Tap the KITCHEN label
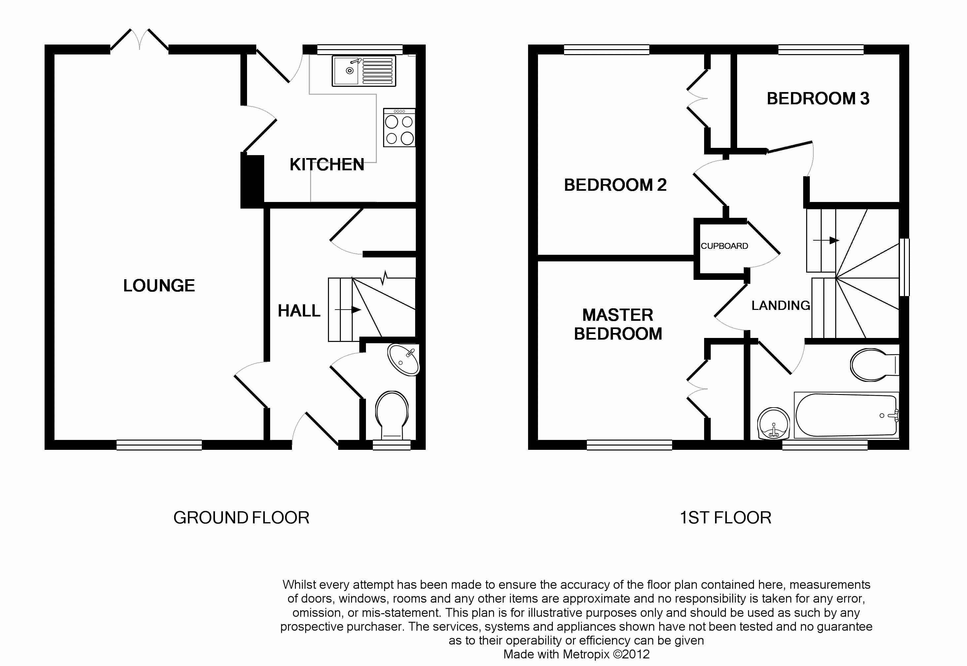pos(327,165)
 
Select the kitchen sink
pos(364,71)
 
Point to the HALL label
pos(299,311)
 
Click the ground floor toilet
pos(392,415)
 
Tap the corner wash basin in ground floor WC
pos(403,359)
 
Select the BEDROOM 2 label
pos(615,185)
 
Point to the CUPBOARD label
pos(724,246)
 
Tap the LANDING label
pos(780,306)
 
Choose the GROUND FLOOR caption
pos(241,518)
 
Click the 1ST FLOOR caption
pos(725,518)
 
